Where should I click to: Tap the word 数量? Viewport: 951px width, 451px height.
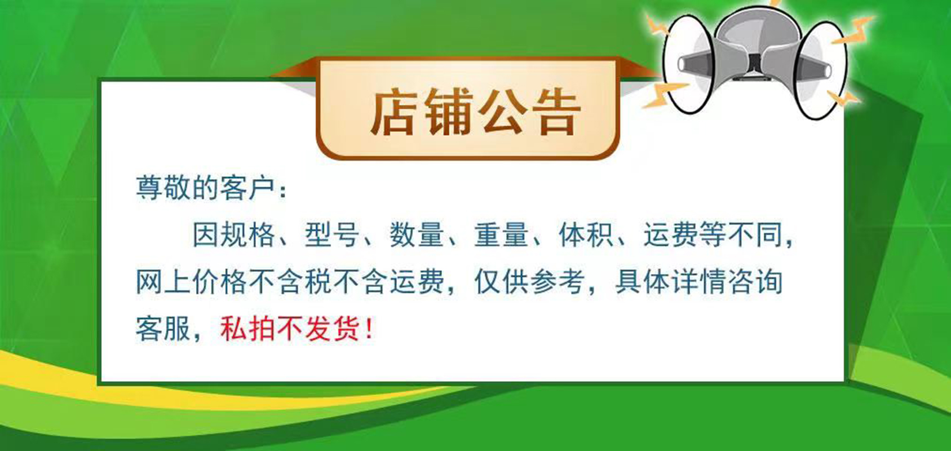(x=417, y=235)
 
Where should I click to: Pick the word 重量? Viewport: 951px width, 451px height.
(x=501, y=235)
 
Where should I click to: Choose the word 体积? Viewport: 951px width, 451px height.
(x=586, y=235)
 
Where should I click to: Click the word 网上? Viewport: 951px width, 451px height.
(x=163, y=281)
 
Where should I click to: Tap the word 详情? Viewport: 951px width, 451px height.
(x=698, y=281)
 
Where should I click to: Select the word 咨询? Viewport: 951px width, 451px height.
(x=755, y=281)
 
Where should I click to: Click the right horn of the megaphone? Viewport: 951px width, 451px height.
(x=821, y=70)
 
